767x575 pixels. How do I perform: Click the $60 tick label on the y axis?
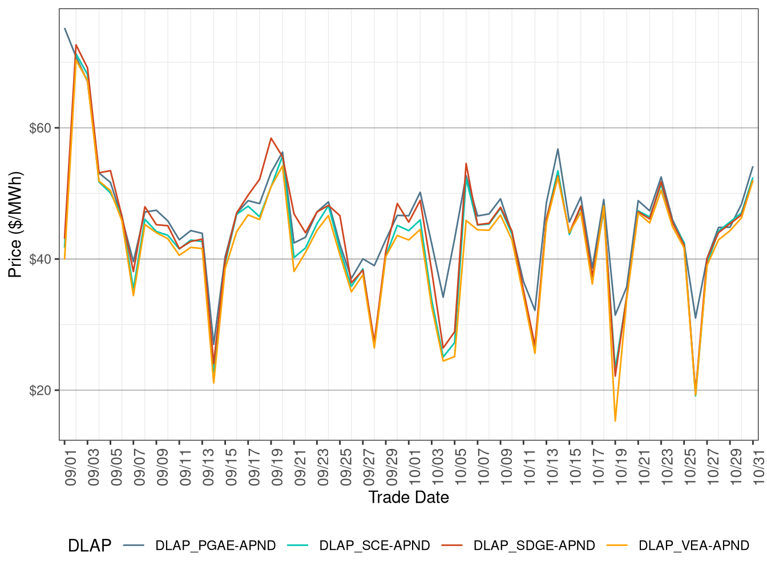[40, 128]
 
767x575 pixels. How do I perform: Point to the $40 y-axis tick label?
[40, 259]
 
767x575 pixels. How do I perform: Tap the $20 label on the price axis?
[40, 391]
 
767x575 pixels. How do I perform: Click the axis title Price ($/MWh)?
[15, 224]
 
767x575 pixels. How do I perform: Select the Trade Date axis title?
[409, 497]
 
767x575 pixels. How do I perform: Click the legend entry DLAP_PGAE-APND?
[215, 545]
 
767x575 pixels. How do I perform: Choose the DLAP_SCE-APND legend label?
[374, 545]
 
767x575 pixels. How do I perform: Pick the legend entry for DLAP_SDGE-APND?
[534, 545]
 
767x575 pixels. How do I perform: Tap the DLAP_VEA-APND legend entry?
[693, 545]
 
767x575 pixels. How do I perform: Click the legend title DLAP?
[89, 546]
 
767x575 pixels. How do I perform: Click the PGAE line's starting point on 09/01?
[64, 29]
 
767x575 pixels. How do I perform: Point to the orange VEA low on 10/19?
[615, 421]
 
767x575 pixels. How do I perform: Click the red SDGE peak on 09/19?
[271, 138]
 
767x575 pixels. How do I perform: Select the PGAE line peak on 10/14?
[558, 149]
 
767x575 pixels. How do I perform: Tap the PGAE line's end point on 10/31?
[753, 167]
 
